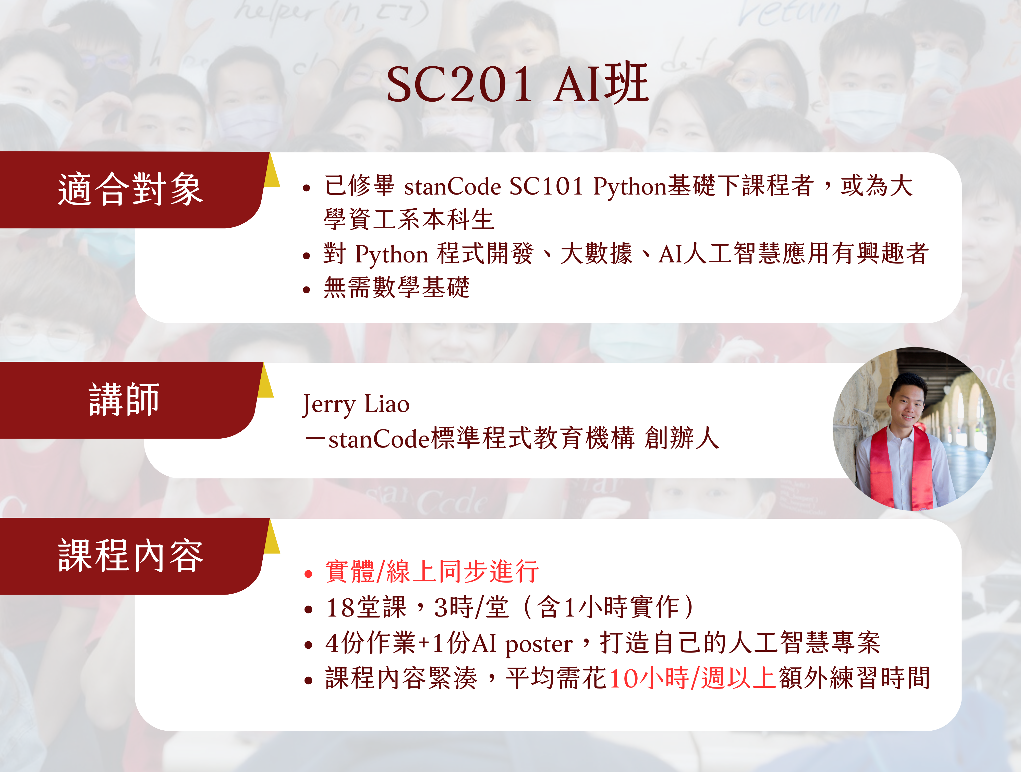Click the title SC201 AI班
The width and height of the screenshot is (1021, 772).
pyautogui.click(x=517, y=85)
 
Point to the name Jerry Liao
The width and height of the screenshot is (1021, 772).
pyautogui.click(x=355, y=404)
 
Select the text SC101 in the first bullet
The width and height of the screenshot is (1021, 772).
pyautogui.click(x=546, y=187)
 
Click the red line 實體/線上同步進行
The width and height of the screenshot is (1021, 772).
pyautogui.click(x=432, y=572)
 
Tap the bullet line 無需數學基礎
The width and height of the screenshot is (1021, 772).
pyautogui.click(x=396, y=288)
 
